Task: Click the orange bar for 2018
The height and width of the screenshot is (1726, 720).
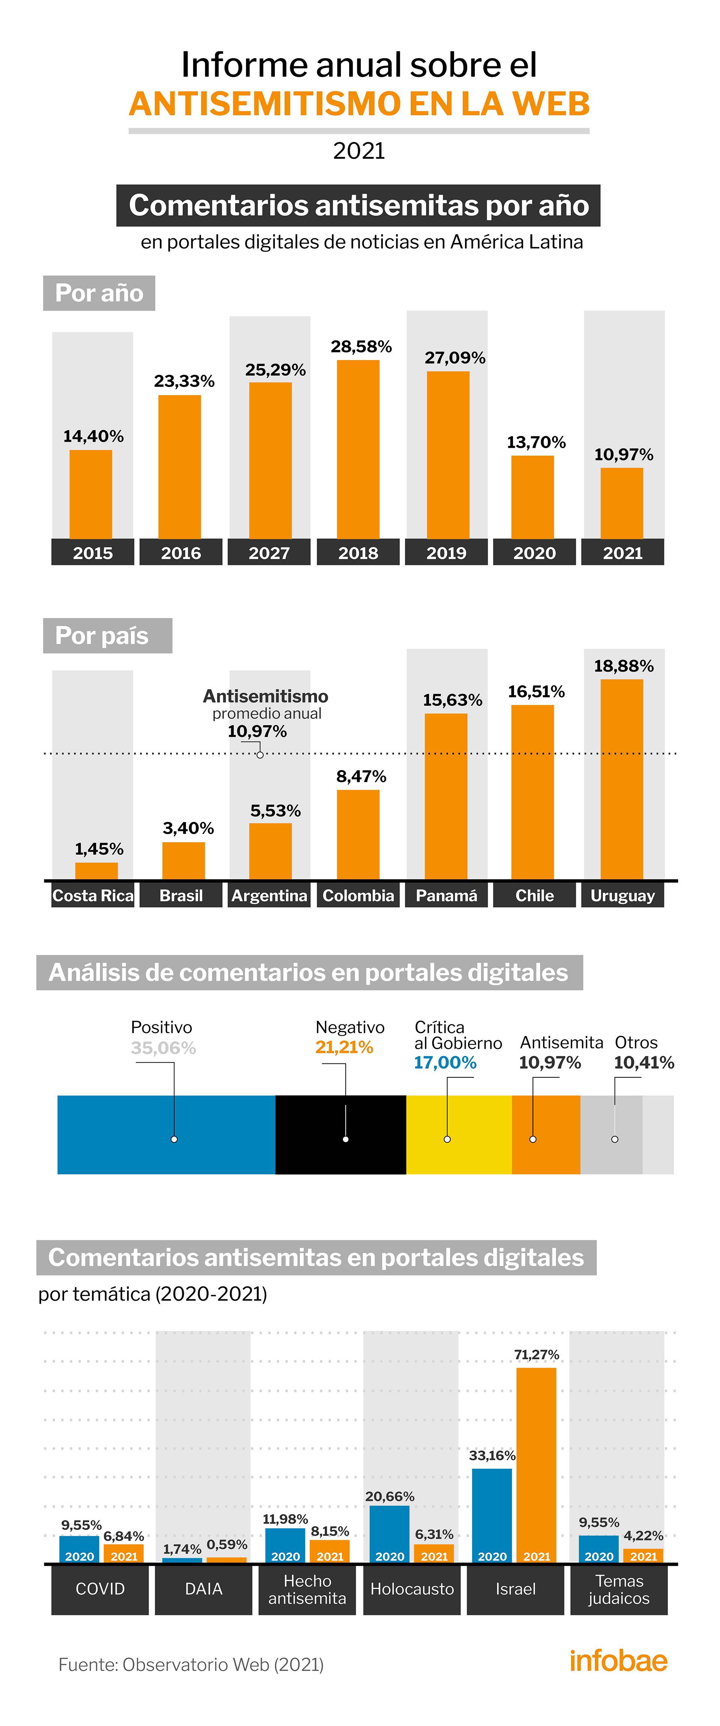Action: coord(358,449)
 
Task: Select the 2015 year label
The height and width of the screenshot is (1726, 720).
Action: coord(93,553)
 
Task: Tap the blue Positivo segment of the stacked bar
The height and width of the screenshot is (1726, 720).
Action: coord(166,1134)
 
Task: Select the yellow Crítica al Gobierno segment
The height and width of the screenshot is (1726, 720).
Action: coord(459,1134)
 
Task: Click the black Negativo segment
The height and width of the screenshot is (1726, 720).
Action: coord(340,1134)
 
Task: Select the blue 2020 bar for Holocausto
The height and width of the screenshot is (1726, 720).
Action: coord(390,1534)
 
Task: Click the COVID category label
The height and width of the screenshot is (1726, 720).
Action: coord(100,1589)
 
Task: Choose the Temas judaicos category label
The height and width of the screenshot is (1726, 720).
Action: coord(619,1589)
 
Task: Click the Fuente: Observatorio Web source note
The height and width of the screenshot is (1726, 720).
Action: coord(191,1665)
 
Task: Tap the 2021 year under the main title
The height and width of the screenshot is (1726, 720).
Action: coord(359,151)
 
